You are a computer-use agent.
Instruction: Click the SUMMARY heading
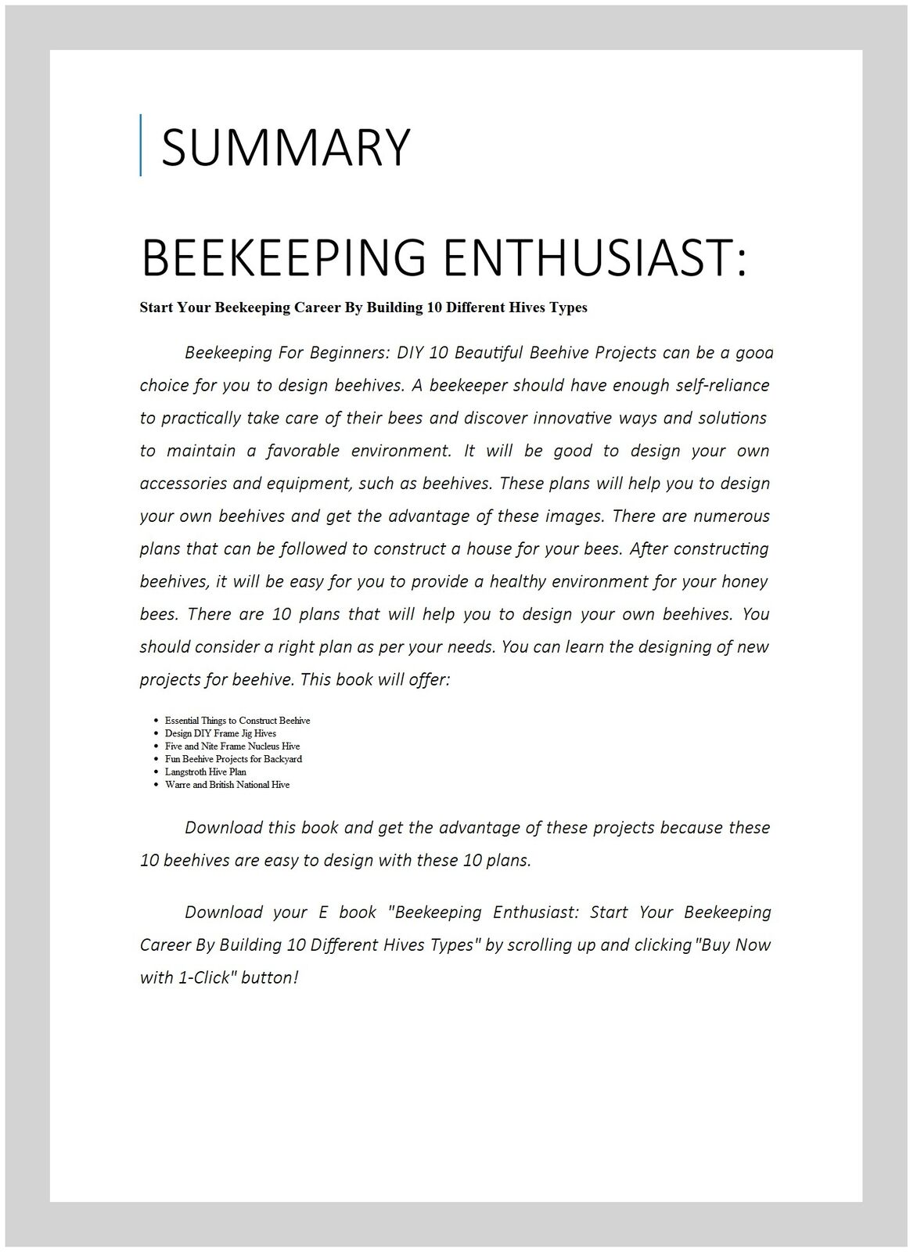tap(285, 146)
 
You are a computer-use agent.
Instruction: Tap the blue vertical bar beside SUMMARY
tap(141, 145)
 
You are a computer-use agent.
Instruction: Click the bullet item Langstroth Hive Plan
tap(205, 772)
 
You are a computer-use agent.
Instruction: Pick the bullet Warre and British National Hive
tap(227, 784)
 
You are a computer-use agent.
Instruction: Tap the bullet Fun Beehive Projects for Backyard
tap(233, 758)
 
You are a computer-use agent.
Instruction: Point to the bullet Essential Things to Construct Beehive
tap(237, 720)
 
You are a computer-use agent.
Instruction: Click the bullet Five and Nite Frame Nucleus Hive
tap(232, 746)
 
